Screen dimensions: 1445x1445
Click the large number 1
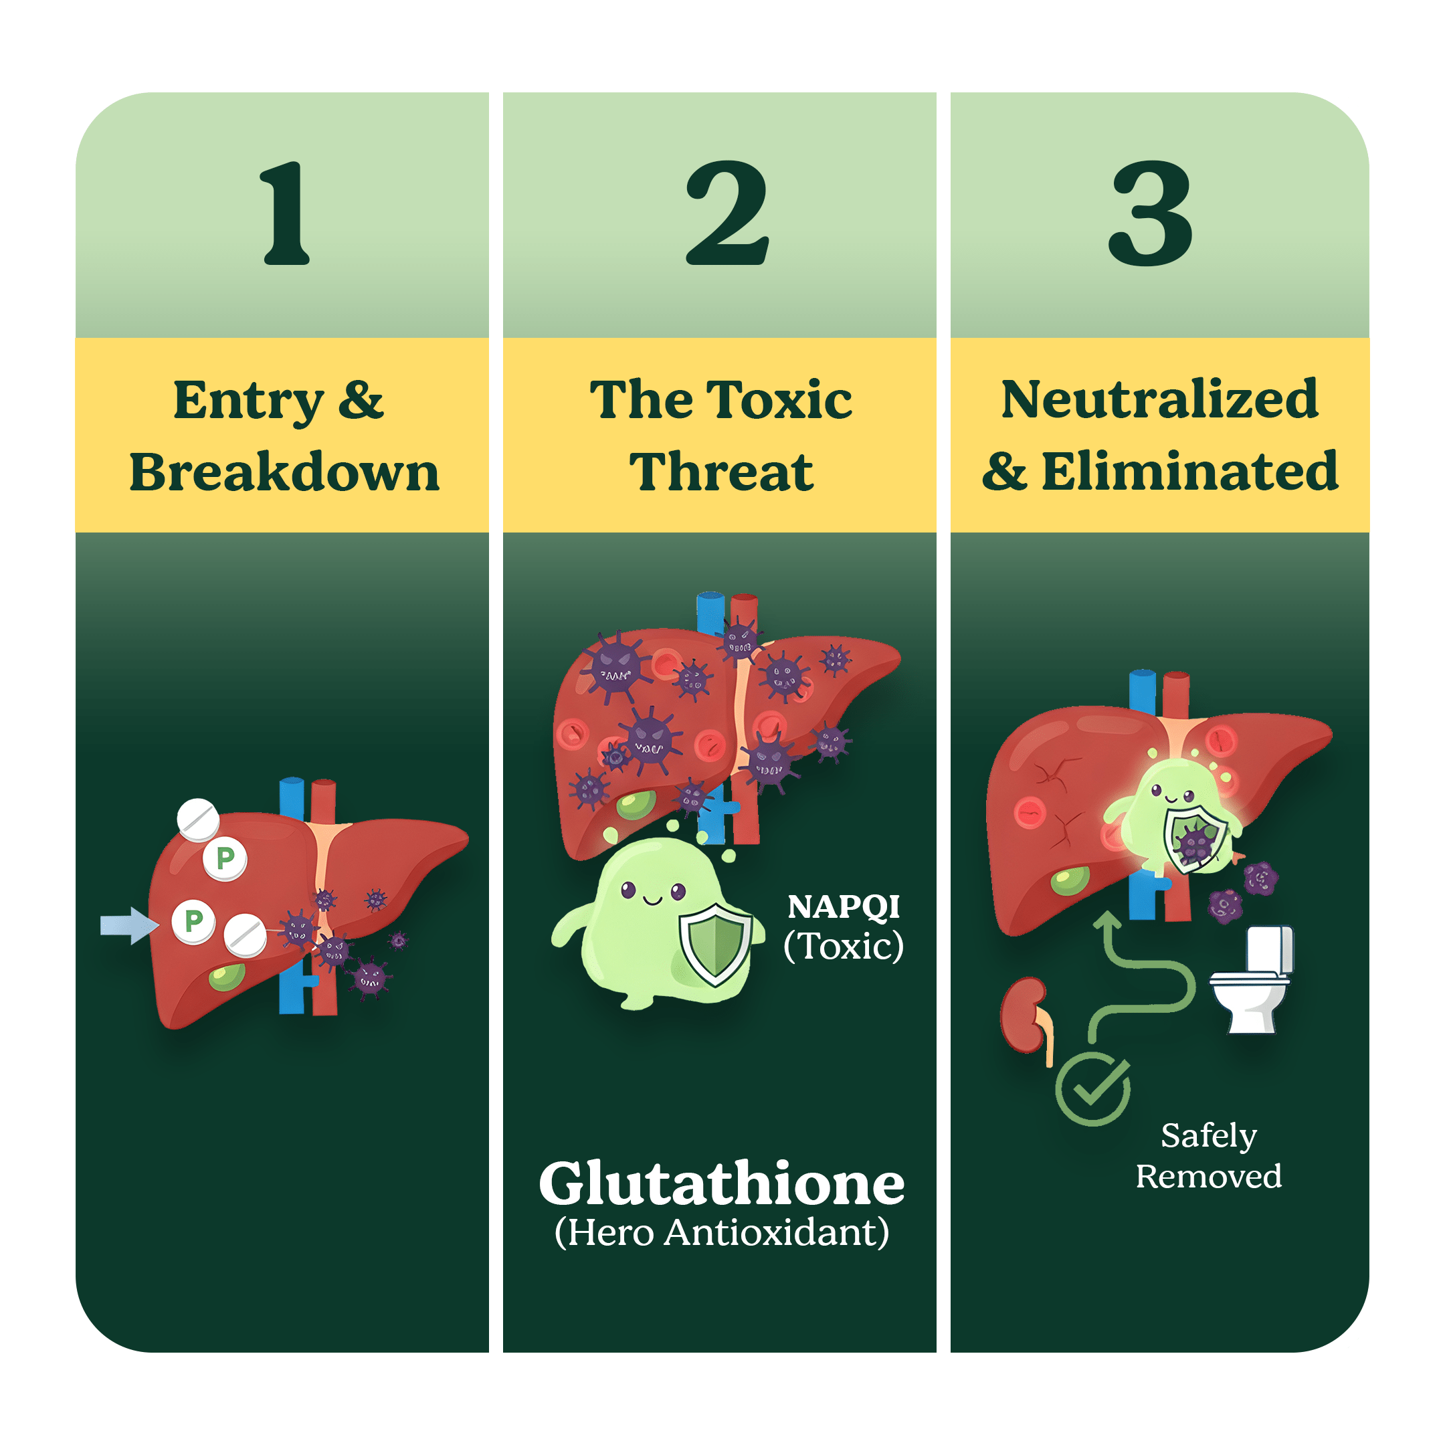pos(286,214)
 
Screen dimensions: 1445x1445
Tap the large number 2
pos(727,214)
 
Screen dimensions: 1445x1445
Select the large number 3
pos(1151,214)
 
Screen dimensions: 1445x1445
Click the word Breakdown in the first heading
pos(284,473)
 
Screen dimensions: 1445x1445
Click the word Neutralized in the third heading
pos(1159,400)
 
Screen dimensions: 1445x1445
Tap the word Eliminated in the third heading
pos(1189,473)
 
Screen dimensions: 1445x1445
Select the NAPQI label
pos(844,907)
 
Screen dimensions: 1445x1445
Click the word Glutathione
pos(722,1185)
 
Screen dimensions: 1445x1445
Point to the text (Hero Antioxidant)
pos(722,1232)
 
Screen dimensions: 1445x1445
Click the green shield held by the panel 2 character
pos(715,943)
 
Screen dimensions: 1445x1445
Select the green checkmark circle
pos(1092,1088)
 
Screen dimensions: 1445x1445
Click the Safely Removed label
pos(1209,1156)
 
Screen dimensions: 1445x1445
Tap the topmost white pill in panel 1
pos(198,819)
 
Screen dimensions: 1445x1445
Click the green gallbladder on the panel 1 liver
pos(227,976)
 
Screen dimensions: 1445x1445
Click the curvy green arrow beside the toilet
pos(1145,980)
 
